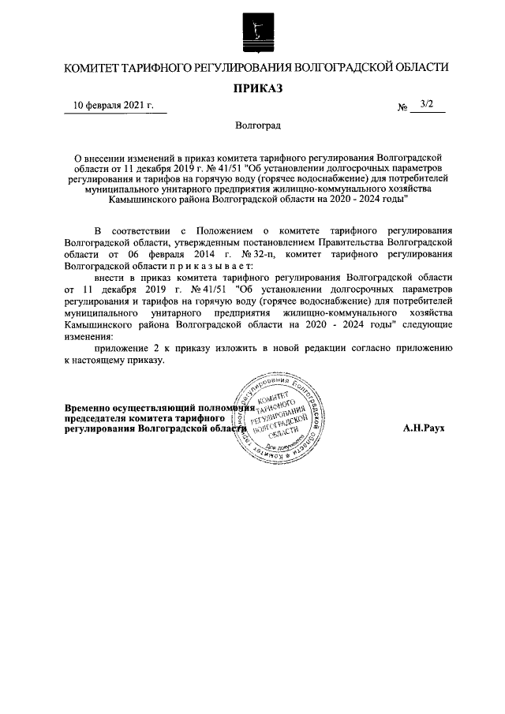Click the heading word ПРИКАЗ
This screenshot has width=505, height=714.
[x=253, y=88]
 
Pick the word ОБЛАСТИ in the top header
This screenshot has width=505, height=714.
[x=417, y=68]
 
